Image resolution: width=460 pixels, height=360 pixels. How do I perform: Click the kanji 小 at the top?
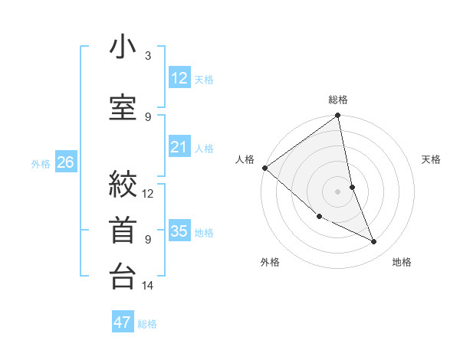coord(123,47)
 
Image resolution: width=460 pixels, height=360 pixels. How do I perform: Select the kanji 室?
coord(123,105)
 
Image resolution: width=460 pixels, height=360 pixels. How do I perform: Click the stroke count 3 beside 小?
coord(148,56)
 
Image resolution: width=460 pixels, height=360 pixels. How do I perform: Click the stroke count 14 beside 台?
coord(148,286)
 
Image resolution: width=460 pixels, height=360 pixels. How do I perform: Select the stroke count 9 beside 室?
coord(148,116)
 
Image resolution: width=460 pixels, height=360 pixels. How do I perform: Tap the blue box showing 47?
coord(123,322)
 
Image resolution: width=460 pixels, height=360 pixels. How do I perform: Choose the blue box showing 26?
coord(66,162)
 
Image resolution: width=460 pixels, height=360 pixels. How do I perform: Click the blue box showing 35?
coord(179,231)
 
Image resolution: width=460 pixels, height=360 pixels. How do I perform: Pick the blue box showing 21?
coord(179,147)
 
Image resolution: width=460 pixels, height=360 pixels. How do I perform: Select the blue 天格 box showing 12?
coord(179,78)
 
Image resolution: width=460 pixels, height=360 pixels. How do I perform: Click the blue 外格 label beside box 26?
coord(41,163)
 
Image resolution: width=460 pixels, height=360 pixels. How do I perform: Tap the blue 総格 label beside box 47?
coord(147,324)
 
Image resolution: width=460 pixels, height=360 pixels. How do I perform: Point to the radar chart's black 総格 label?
coord(338,100)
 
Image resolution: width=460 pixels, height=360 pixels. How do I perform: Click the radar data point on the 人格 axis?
coord(264,168)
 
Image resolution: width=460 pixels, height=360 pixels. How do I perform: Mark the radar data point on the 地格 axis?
coord(373,241)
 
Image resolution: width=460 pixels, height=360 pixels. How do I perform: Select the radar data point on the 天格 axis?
coord(352,187)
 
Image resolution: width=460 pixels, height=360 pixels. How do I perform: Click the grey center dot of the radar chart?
coord(337,191)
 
